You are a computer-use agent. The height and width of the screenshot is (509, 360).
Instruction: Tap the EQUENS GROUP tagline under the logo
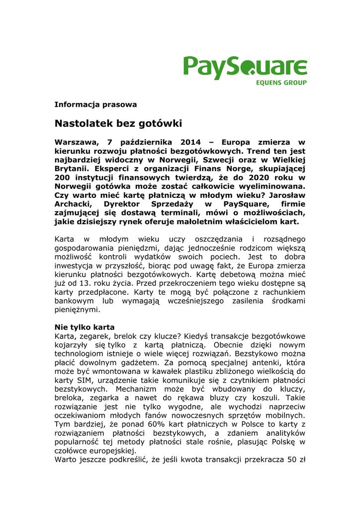pyautogui.click(x=281, y=83)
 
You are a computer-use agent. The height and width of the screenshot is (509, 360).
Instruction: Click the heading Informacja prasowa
pyautogui.click(x=95, y=104)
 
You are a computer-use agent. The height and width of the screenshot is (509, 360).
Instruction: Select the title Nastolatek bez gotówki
pyautogui.click(x=118, y=123)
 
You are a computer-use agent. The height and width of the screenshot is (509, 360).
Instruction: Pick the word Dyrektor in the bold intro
pyautogui.click(x=124, y=204)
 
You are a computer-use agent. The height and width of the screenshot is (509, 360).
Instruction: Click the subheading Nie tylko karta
pyautogui.click(x=85, y=327)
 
